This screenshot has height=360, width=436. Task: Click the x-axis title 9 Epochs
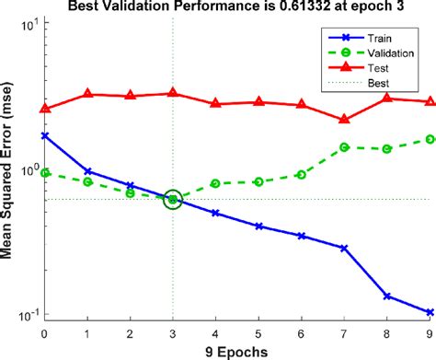[236, 351]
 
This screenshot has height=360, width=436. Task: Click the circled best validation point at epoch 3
[172, 200]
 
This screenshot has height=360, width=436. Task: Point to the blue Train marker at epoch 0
[44, 135]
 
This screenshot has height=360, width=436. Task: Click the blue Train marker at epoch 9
[430, 312]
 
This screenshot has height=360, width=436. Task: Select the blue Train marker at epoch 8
[387, 296]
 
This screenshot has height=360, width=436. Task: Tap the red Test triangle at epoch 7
[344, 119]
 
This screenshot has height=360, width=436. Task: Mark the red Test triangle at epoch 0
[44, 109]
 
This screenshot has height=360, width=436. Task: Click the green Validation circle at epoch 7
[344, 147]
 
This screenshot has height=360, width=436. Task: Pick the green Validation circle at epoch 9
[430, 139]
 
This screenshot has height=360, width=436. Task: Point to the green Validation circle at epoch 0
[44, 173]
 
